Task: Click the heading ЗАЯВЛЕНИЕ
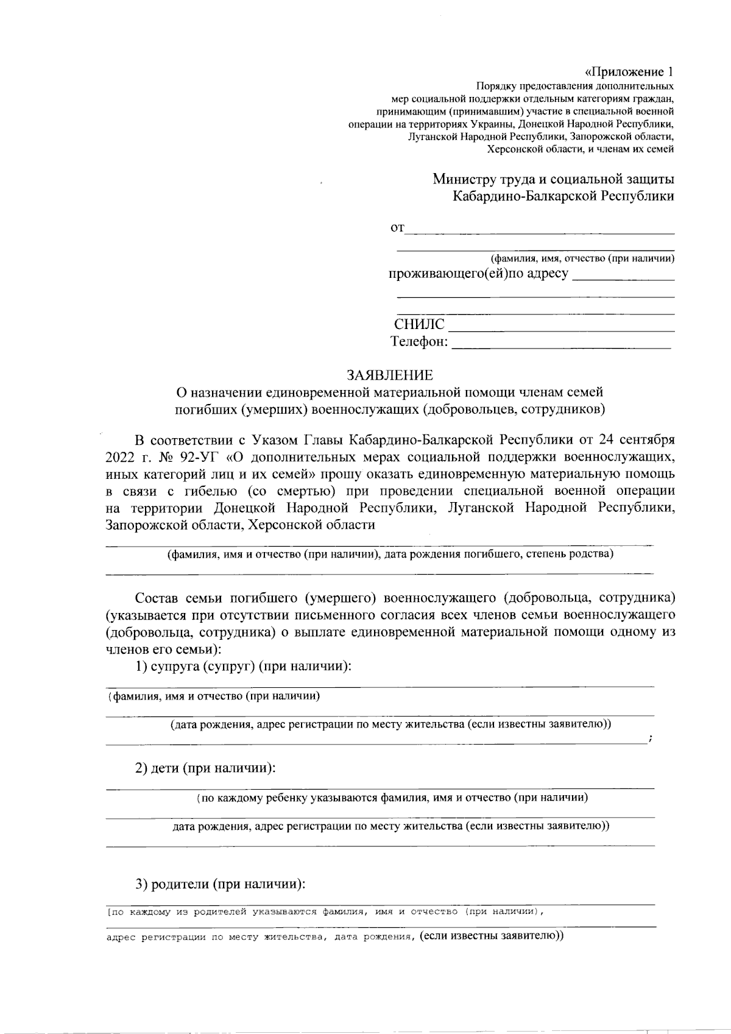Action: click(x=389, y=375)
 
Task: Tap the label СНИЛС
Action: click(x=419, y=325)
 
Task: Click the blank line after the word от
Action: click(x=540, y=230)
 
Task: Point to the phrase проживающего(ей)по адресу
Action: click(x=478, y=274)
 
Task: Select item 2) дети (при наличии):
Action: click(x=206, y=768)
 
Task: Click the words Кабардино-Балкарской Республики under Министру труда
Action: click(x=563, y=196)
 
